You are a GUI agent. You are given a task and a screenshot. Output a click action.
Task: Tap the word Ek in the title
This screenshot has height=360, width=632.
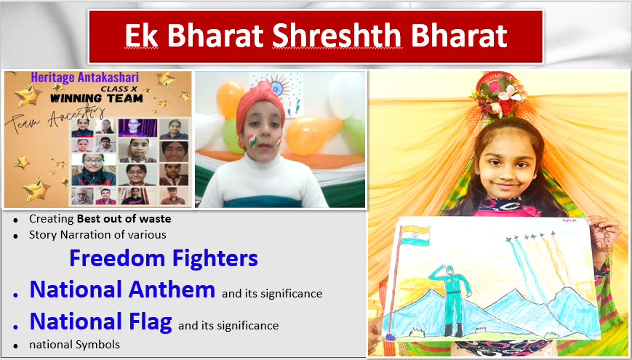click(x=141, y=36)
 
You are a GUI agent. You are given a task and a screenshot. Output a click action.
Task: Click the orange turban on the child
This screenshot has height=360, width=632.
click(x=260, y=102)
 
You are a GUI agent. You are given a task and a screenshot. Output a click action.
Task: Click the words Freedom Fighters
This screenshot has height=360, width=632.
click(x=163, y=258)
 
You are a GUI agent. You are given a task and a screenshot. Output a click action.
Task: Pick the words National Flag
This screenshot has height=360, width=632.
click(x=101, y=321)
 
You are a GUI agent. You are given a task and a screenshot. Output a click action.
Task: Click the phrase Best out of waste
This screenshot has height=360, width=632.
click(x=124, y=219)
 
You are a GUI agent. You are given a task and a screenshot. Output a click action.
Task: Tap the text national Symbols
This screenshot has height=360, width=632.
click(x=75, y=345)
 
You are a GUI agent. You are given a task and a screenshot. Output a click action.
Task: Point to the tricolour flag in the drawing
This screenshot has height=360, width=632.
click(x=416, y=236)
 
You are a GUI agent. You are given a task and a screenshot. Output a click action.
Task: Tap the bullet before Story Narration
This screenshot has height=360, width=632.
click(x=15, y=236)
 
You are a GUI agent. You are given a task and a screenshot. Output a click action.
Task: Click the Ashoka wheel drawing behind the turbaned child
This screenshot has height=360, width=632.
click(x=278, y=87)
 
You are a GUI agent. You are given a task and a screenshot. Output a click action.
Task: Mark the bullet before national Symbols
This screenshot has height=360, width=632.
click(x=15, y=346)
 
